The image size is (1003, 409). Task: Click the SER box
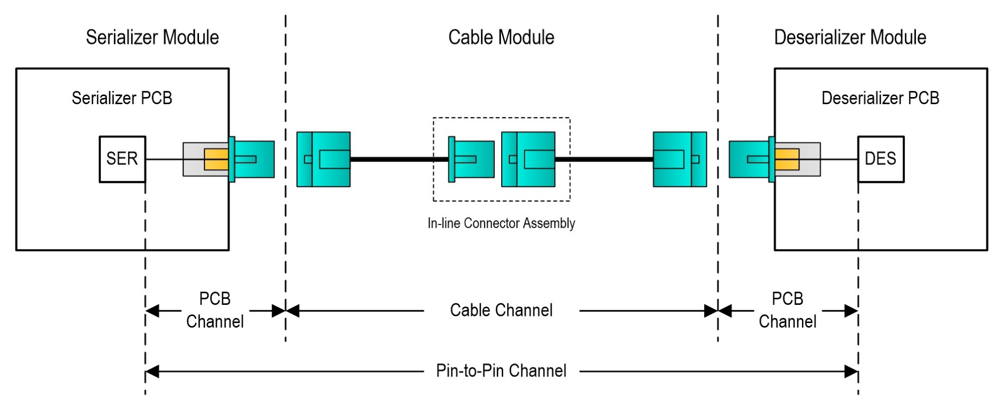(122, 159)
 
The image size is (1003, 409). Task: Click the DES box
(881, 159)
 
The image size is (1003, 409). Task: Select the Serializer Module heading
(152, 37)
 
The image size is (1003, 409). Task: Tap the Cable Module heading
(501, 37)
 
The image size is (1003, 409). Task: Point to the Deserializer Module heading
(850, 37)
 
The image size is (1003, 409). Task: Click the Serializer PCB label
(122, 98)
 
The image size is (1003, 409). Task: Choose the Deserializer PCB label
(880, 98)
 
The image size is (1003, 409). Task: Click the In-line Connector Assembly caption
(501, 223)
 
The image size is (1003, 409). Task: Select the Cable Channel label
(501, 310)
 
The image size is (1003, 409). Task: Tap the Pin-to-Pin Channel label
(501, 371)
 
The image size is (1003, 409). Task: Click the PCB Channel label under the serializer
(215, 310)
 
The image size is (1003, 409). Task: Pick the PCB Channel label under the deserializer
(787, 310)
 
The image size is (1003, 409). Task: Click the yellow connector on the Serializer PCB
(216, 159)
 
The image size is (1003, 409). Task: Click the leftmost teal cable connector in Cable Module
(323, 159)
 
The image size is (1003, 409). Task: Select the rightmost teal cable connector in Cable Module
(680, 159)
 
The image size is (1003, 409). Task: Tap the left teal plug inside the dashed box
(471, 159)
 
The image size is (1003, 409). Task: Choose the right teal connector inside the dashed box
(528, 159)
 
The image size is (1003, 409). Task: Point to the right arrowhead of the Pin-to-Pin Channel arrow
(851, 372)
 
